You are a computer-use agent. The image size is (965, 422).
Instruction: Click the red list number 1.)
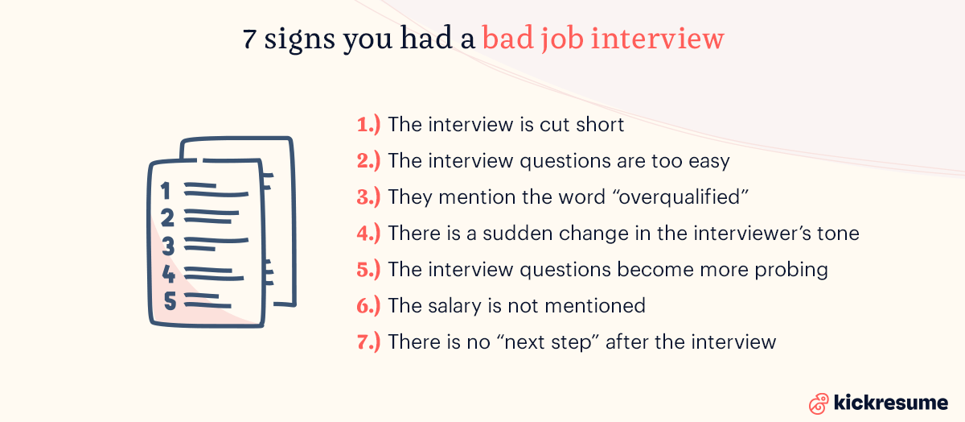point(368,125)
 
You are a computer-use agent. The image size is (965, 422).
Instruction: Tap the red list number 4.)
point(368,234)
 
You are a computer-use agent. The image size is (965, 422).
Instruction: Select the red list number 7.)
point(368,341)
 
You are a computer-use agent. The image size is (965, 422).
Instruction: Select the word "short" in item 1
point(597,125)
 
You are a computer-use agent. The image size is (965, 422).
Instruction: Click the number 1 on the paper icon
point(166,192)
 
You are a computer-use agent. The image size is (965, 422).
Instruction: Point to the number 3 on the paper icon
point(167,246)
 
